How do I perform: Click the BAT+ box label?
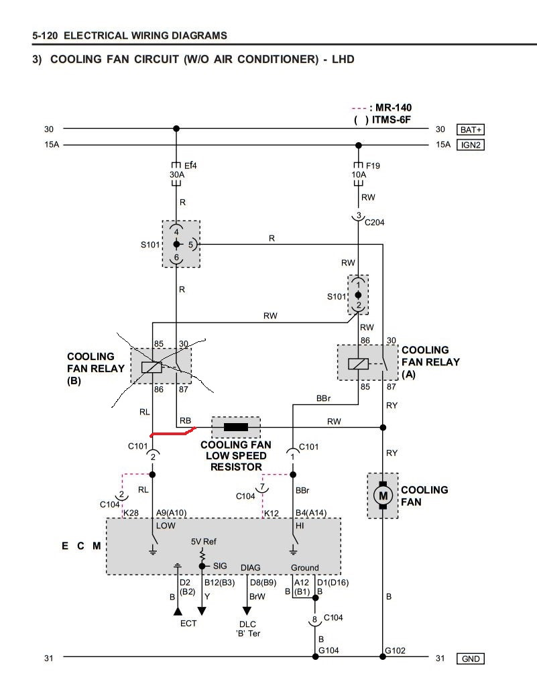point(471,129)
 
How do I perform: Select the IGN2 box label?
point(471,145)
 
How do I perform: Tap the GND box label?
point(471,658)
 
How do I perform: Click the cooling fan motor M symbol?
point(383,496)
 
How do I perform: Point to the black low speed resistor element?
point(236,427)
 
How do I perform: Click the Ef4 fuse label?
point(190,166)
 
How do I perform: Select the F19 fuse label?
point(373,166)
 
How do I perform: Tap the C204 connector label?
point(375,223)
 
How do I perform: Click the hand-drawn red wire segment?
point(173,432)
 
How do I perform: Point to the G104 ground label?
point(329,650)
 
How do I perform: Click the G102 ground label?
point(395,650)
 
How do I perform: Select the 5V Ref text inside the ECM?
point(203,542)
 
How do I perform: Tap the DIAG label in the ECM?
point(250,567)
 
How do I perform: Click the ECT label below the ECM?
point(188,623)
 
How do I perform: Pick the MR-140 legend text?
point(394,108)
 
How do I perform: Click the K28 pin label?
point(131,513)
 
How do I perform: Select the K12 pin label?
point(272,513)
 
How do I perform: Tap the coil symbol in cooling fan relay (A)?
point(358,363)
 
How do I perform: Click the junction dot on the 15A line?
point(358,146)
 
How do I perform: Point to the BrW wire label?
point(257,596)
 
